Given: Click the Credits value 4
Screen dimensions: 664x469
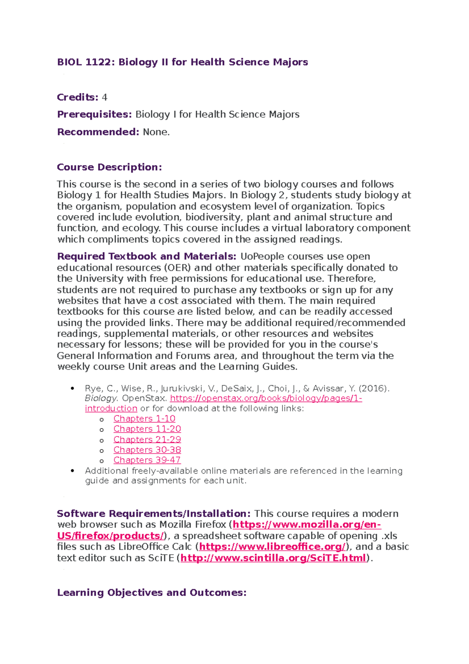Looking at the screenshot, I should pyautogui.click(x=104, y=97).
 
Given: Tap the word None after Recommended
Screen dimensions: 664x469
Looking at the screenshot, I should pyautogui.click(x=156, y=132).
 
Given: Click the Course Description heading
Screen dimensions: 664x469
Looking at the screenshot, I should pyautogui.click(x=109, y=167).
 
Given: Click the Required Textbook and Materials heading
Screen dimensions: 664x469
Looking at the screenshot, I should pyautogui.click(x=147, y=257).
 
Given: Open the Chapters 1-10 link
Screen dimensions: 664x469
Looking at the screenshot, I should pyautogui.click(x=144, y=419).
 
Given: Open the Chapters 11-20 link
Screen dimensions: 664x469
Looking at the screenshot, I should pyautogui.click(x=147, y=429).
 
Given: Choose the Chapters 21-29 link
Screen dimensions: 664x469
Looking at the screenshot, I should pyautogui.click(x=147, y=440).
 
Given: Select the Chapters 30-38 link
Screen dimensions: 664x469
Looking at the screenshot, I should pyautogui.click(x=147, y=450).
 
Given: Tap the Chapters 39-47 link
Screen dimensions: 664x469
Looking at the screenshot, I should pyautogui.click(x=147, y=460).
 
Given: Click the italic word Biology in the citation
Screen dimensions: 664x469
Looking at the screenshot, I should pyautogui.click(x=101, y=398).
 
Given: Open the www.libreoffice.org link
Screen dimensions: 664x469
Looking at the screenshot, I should pyautogui.click(x=272, y=547).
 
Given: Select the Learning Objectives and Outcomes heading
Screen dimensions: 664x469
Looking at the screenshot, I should pyautogui.click(x=152, y=593).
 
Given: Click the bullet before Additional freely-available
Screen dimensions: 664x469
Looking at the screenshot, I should pyautogui.click(x=72, y=471).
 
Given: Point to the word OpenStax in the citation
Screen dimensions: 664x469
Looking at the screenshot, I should pyautogui.click(x=144, y=398).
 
